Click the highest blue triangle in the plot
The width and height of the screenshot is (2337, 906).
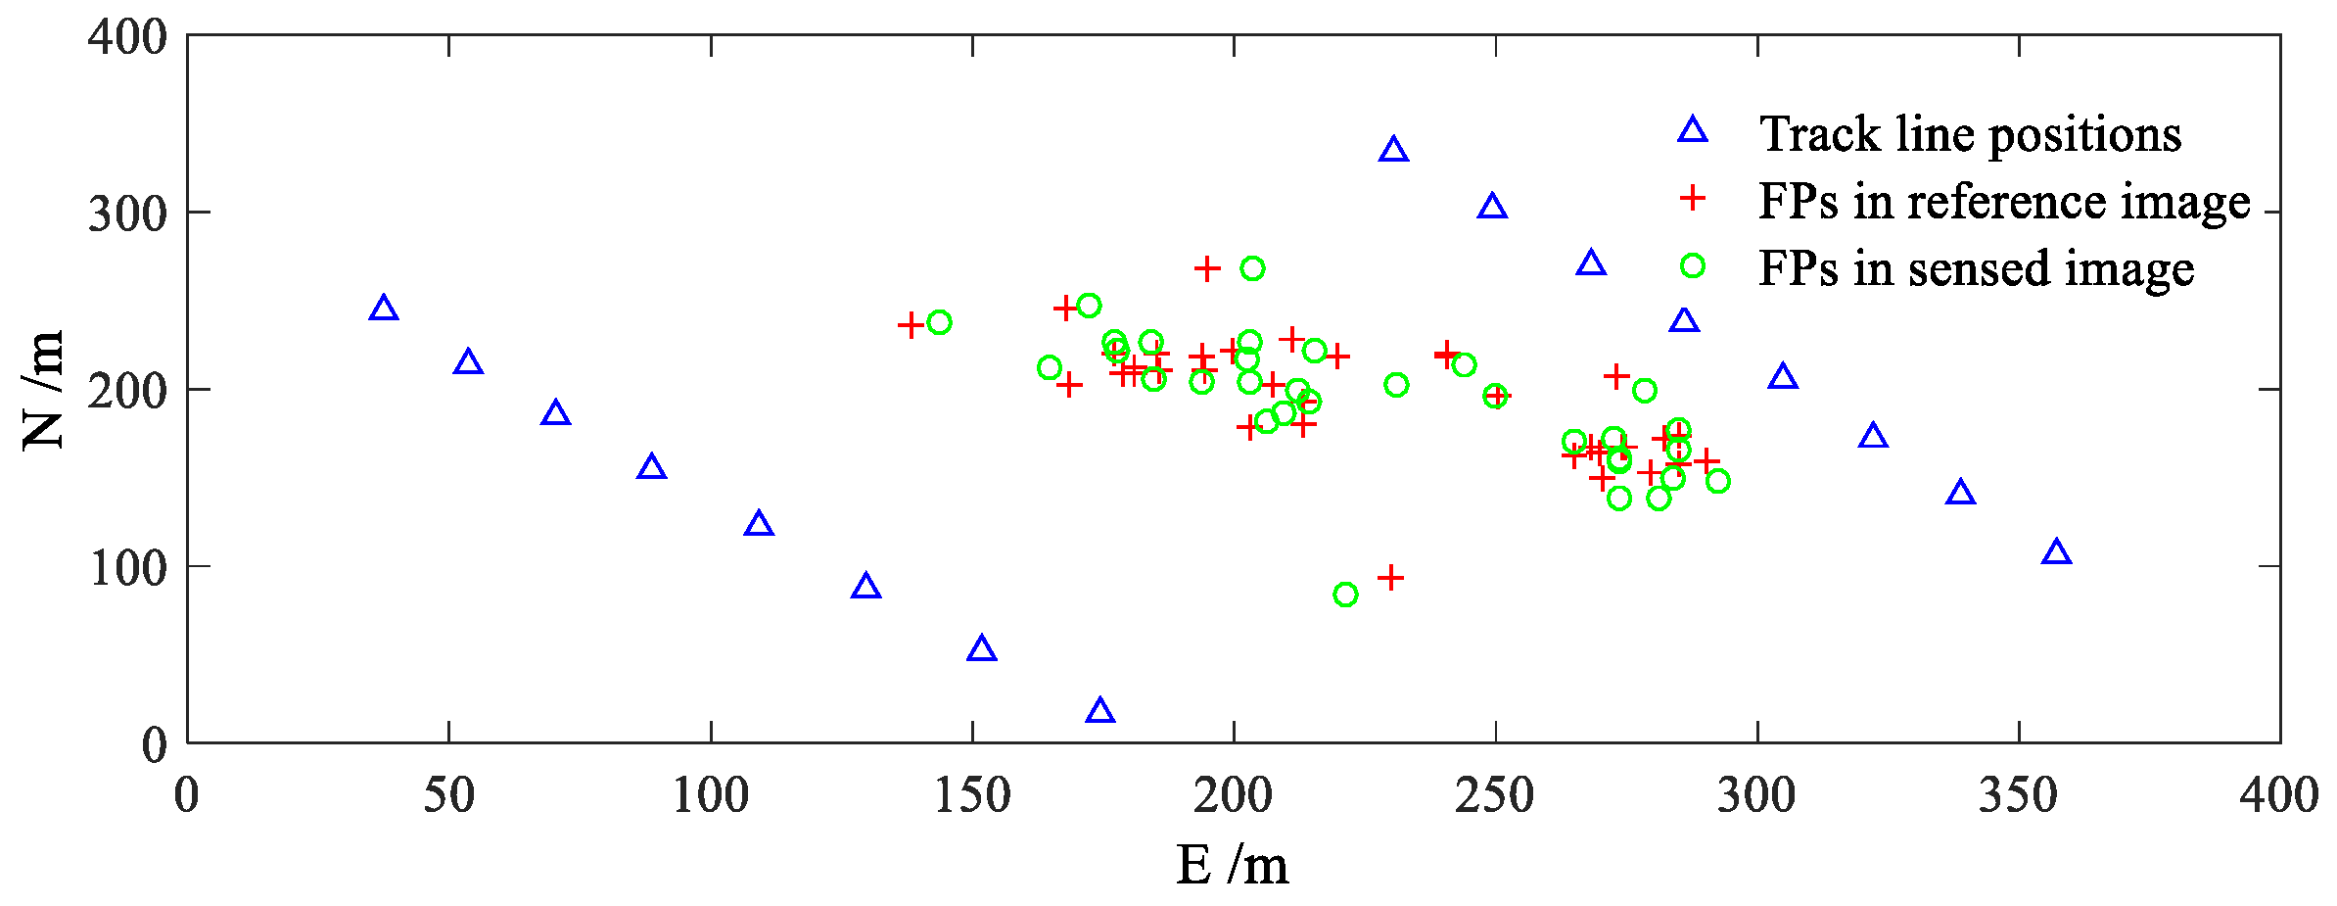point(1393,150)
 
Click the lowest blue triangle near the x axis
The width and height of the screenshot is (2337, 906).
point(1100,711)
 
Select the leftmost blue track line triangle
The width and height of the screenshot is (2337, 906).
point(384,309)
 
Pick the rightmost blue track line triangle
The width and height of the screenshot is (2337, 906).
point(2057,552)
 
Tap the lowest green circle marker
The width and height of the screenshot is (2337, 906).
point(1345,595)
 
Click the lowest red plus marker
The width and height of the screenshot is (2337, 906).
point(1390,578)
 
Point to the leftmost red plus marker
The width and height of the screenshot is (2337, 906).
point(911,325)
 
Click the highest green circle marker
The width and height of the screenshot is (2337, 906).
point(1252,268)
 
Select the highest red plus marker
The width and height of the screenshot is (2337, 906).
point(1207,268)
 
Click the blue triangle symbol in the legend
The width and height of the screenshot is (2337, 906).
point(1693,131)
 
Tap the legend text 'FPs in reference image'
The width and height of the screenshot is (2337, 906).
point(2004,201)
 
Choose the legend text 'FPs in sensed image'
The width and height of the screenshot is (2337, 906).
point(1976,268)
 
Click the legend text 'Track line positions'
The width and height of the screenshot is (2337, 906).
point(1970,134)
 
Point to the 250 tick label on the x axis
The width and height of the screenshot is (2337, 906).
point(1494,795)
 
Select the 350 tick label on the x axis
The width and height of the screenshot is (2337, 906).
point(2018,795)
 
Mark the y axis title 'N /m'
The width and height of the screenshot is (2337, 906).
point(43,390)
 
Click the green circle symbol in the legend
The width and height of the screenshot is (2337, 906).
point(1693,265)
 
